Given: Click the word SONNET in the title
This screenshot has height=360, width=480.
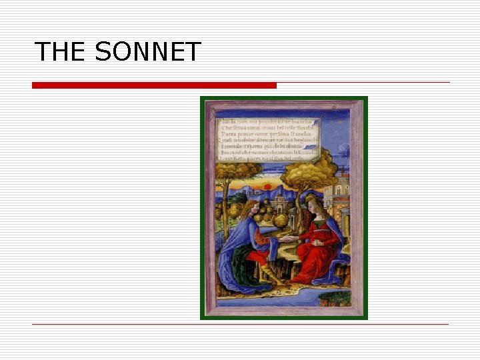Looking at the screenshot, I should coord(148,52).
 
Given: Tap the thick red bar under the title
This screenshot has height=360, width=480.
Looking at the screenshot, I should coord(154,85).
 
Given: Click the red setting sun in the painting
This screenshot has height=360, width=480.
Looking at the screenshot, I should coord(267,187).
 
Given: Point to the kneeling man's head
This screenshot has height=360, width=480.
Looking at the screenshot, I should coord(249,207).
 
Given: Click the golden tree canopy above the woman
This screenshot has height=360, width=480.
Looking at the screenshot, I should coord(307,169).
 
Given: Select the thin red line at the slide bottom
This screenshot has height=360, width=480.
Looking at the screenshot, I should coord(240,324).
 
